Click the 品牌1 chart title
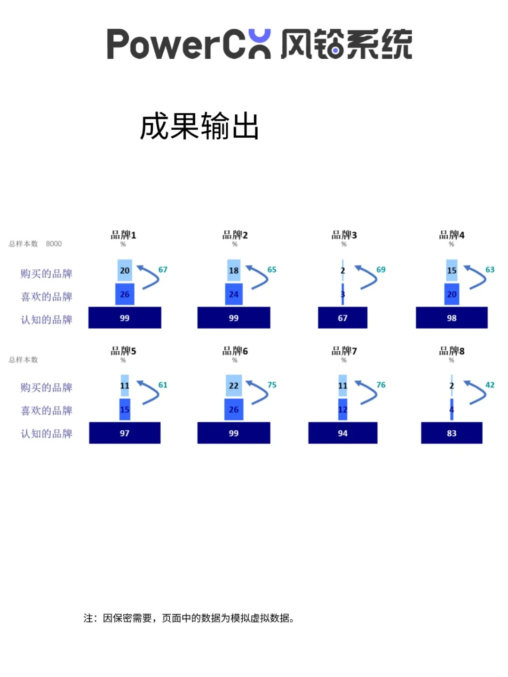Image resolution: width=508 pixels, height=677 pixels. coord(123,235)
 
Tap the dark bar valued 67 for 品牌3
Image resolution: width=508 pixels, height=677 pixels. coord(342,318)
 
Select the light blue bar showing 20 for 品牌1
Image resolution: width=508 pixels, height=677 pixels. coord(125,270)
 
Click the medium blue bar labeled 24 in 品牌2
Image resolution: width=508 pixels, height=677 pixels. coord(234,294)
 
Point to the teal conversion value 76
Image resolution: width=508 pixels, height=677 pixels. coord(381,385)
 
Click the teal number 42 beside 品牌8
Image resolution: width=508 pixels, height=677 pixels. coord(490,385)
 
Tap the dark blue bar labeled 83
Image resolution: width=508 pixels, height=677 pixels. coord(452,433)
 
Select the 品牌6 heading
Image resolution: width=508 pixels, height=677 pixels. coord(235,351)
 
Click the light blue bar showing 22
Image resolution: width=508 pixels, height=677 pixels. coord(234,386)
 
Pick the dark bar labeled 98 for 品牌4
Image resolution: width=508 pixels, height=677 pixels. coord(452,318)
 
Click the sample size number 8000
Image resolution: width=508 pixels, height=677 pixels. coord(54,244)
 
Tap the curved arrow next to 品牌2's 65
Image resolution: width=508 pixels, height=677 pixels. coord(257,277)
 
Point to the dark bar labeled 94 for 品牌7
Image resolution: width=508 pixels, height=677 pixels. coord(342,433)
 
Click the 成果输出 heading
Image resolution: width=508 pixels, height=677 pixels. coord(199,126)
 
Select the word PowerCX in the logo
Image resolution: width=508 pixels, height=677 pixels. coord(188,44)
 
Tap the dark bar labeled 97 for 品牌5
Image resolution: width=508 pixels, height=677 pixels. coord(125,433)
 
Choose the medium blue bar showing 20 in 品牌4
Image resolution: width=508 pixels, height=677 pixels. coord(452,294)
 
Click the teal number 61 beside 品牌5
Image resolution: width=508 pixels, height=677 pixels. coord(163,385)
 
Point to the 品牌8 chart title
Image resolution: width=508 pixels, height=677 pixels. coord(452,351)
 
